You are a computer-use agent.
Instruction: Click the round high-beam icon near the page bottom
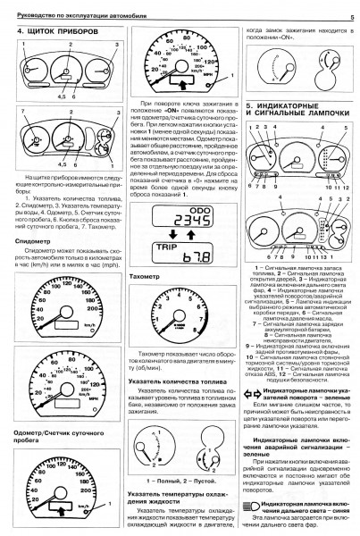pos(256,506)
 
